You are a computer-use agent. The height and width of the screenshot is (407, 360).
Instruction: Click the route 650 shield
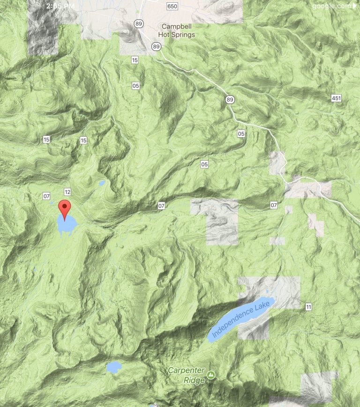pos(172,6)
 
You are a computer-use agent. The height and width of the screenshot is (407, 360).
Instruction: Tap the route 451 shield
pos(336,98)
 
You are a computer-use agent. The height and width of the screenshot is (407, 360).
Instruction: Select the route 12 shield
pos(67,192)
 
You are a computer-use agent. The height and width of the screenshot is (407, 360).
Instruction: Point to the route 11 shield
pos(308,307)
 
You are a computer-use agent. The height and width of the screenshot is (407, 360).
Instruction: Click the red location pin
pos(64,208)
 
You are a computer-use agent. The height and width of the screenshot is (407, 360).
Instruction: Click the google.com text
pos(331,6)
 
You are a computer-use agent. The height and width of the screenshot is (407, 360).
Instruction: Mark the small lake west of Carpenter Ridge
pos(113,366)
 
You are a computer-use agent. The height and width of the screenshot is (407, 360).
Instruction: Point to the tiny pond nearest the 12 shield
pos(101,183)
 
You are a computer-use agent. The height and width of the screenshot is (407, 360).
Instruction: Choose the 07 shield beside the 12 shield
pos(46,196)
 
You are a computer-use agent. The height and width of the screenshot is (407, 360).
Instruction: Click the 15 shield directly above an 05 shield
pos(135,60)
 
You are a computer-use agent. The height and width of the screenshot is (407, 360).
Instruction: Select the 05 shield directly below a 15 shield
pos(135,86)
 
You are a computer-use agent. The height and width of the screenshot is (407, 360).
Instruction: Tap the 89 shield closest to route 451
pos(229,99)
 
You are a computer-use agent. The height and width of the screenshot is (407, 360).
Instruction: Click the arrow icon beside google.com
pos(354,6)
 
